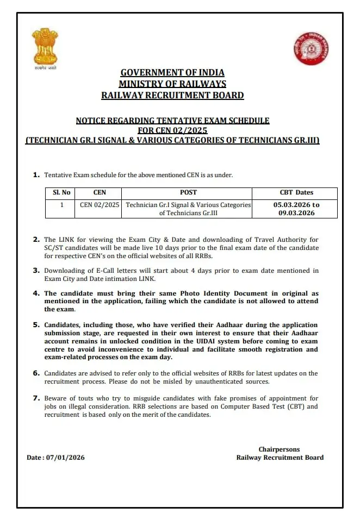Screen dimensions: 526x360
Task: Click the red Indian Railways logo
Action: [x=311, y=48]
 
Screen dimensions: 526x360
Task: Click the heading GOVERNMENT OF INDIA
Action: [x=172, y=72]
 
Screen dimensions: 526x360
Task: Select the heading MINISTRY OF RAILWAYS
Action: [x=172, y=84]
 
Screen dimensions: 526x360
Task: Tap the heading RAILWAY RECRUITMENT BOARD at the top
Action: [x=172, y=95]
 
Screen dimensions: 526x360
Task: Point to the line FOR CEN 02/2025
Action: [x=172, y=130]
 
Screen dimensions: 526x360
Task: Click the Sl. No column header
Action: [x=61, y=192]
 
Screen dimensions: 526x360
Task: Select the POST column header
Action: [x=188, y=192]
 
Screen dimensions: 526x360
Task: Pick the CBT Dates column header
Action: [x=296, y=192]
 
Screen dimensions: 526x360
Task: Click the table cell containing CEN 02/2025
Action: [x=100, y=205]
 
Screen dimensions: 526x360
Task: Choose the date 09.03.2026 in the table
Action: [x=296, y=213]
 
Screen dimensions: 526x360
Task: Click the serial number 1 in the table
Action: [x=61, y=205]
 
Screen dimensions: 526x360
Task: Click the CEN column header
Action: [x=100, y=192]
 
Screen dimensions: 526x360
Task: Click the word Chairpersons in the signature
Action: [x=279, y=449]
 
